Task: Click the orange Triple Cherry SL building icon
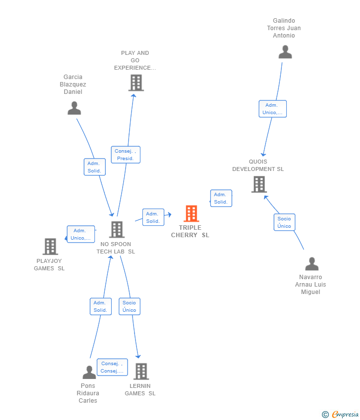[x=191, y=214]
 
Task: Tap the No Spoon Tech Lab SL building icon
[x=117, y=229]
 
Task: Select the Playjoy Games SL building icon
[x=50, y=247]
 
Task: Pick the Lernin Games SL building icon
[x=141, y=372]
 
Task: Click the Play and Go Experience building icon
[x=136, y=83]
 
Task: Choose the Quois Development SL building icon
[x=259, y=184]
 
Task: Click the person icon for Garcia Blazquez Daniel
[x=74, y=108]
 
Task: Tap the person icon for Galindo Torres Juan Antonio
[x=285, y=52]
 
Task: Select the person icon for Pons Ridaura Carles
[x=89, y=372]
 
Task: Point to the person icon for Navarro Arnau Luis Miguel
[x=312, y=264]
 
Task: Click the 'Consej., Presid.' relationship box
[x=126, y=155]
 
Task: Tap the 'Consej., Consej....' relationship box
[x=112, y=367]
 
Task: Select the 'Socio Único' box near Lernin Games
[x=129, y=306]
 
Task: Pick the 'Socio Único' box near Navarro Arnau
[x=284, y=222]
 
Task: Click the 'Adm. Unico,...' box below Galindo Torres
[x=272, y=109]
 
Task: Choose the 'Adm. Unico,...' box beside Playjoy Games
[x=81, y=234]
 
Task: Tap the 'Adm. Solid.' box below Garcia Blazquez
[x=94, y=167]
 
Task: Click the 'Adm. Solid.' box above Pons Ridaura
[x=100, y=306]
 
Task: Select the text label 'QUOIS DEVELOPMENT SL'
[x=258, y=166]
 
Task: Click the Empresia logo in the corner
[x=340, y=415]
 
